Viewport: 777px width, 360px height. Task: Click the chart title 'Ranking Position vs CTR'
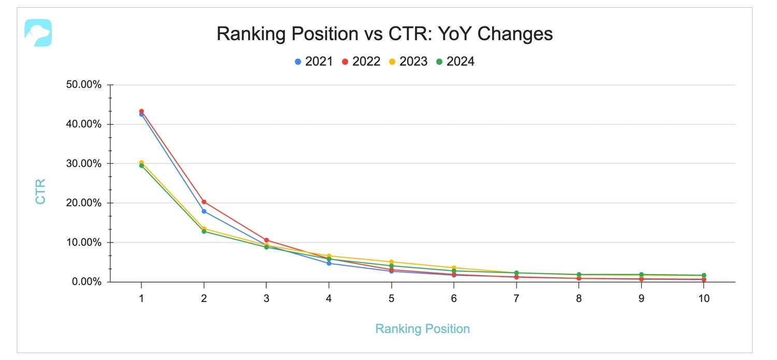[384, 34]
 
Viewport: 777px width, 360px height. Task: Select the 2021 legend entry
[314, 62]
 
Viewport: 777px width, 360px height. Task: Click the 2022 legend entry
[361, 62]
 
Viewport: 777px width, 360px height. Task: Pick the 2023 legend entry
[408, 62]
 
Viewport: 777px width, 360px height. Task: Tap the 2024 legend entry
[455, 62]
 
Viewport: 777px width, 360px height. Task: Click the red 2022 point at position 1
[141, 111]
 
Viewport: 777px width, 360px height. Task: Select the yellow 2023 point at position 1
[141, 162]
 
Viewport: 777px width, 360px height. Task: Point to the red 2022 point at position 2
[204, 202]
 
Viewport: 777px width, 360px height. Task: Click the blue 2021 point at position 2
[204, 211]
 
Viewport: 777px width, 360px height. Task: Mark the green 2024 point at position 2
[204, 232]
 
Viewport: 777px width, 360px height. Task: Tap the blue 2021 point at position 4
[329, 263]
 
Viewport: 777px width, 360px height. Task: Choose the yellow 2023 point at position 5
[392, 262]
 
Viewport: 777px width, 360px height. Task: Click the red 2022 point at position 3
[266, 240]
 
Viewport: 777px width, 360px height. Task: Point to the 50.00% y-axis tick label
[83, 85]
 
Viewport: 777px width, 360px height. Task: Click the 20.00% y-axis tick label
[83, 203]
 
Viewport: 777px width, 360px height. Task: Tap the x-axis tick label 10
[703, 298]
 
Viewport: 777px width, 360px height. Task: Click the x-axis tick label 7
[516, 298]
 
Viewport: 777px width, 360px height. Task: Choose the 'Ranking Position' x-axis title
[422, 329]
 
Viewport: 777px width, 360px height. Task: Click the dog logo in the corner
[38, 33]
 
